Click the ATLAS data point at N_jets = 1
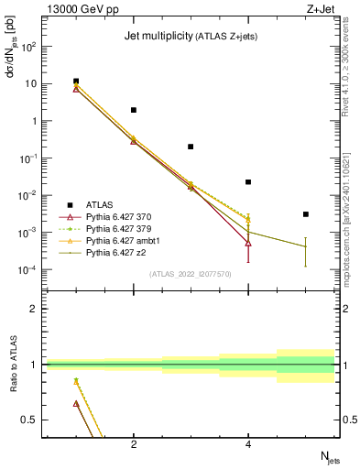click(76, 82)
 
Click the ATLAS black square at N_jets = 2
click(134, 110)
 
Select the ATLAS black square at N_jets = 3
click(191, 147)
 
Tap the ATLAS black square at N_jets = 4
click(248, 182)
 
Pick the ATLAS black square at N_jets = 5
click(306, 214)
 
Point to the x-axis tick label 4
click(248, 445)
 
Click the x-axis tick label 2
click(134, 445)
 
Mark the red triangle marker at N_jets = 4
click(248, 243)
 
